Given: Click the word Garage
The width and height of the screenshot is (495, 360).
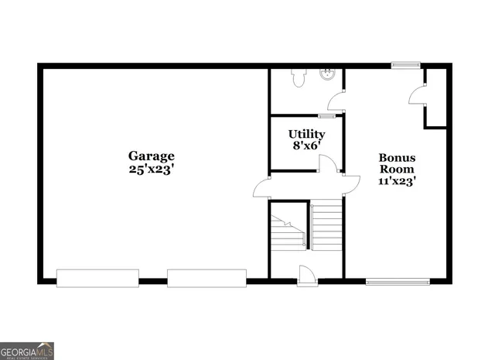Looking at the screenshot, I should (x=152, y=155).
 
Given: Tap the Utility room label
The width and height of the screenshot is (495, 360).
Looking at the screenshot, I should (x=306, y=134).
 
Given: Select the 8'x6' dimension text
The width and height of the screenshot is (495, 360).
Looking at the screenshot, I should (x=306, y=146).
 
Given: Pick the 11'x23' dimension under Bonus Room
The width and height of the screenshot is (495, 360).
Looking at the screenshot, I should (x=397, y=181).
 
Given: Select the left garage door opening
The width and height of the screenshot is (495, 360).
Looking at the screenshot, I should (x=97, y=278).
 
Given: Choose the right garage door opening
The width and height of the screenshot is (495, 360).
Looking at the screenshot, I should (x=207, y=278).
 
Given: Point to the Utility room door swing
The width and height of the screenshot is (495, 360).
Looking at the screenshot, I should (x=328, y=163).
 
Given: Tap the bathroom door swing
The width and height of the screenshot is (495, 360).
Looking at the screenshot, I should (x=336, y=101).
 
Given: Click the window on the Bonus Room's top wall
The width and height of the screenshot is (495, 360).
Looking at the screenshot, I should (x=405, y=66).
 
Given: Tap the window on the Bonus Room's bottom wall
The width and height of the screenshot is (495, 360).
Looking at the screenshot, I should (x=397, y=281).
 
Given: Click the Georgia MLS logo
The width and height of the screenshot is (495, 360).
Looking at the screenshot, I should (x=27, y=350).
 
